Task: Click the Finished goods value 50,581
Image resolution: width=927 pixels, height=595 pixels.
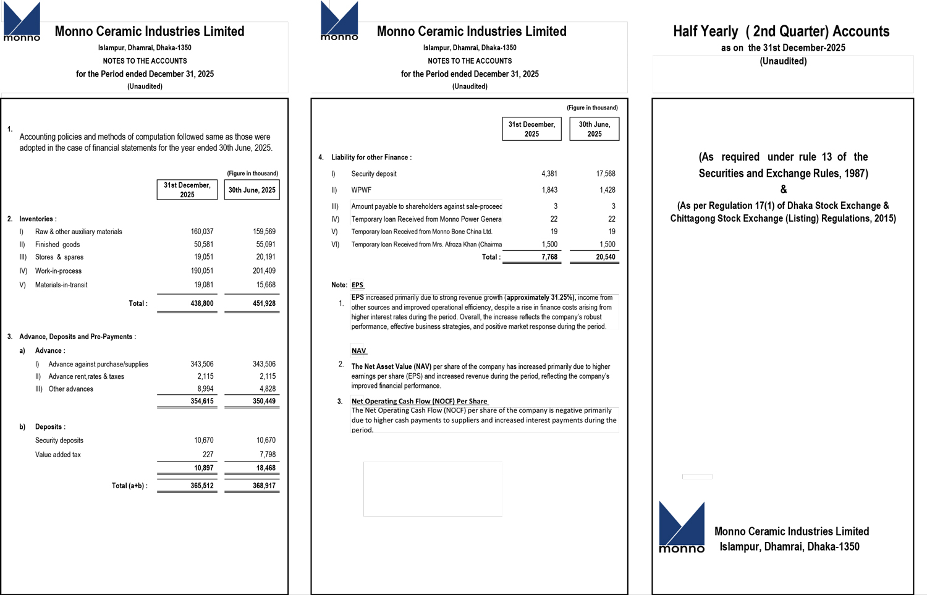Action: (x=203, y=245)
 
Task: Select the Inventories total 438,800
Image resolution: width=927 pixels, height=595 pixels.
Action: (x=201, y=303)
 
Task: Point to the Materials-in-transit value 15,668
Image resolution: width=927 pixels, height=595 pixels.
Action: (x=266, y=285)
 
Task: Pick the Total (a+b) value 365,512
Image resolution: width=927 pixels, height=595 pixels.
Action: (x=201, y=486)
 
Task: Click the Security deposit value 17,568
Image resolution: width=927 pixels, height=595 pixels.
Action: (x=606, y=174)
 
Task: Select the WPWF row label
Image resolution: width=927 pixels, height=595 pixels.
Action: (x=362, y=190)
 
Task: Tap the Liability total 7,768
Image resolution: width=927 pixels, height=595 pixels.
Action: (x=549, y=257)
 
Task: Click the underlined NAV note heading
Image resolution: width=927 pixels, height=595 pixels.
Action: (x=358, y=351)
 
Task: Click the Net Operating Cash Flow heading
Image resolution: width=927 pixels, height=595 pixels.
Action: (x=419, y=402)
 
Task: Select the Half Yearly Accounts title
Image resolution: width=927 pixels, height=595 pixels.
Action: (x=781, y=32)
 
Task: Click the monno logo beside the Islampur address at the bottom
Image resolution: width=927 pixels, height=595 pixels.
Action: (x=682, y=527)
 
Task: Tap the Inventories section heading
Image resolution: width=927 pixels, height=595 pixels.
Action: (x=38, y=219)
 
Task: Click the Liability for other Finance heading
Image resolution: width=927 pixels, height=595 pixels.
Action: (x=371, y=158)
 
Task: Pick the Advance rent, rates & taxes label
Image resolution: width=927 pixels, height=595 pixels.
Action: (x=87, y=377)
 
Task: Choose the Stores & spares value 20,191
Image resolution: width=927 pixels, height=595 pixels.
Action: (x=266, y=257)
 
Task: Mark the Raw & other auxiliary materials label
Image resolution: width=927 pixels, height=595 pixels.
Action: (x=78, y=232)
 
